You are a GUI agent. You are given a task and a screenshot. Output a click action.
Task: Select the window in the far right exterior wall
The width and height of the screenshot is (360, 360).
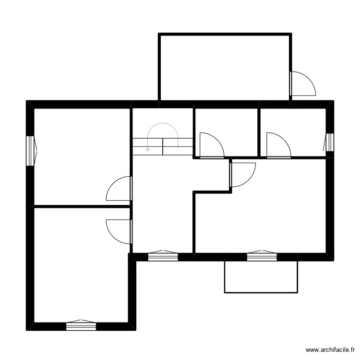330,143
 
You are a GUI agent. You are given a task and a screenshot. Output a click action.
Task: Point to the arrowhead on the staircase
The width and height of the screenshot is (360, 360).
147,150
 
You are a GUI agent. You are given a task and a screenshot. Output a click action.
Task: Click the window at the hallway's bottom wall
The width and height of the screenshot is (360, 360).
163,257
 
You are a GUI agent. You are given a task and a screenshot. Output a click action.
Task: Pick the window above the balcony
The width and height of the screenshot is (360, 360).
262,257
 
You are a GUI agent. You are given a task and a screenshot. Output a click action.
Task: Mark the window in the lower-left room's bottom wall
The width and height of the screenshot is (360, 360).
81,326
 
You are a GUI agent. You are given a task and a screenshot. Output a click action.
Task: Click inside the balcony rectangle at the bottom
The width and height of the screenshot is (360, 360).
261,277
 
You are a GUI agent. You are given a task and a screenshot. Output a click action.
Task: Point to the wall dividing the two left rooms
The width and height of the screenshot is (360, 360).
82,207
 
